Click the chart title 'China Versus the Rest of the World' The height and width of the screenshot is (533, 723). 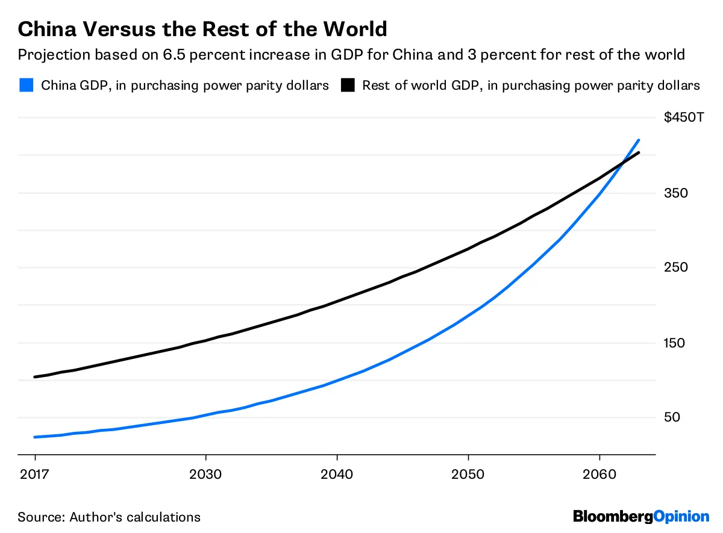pos(202,28)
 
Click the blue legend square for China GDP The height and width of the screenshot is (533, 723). pos(26,85)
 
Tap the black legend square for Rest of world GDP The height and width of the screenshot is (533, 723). pos(348,85)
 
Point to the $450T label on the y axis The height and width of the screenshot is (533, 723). pos(684,117)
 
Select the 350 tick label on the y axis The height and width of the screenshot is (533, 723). pos(675,193)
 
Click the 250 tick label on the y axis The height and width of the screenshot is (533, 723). pos(675,267)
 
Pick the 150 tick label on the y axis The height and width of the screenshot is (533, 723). pos(675,343)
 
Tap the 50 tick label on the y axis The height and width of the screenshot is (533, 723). pos(672,417)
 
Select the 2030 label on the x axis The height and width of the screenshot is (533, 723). pos(206,474)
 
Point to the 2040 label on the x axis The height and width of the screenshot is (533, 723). pos(337,474)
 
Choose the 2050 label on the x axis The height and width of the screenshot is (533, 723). pos(468,474)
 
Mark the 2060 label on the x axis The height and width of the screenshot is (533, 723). pos(599,474)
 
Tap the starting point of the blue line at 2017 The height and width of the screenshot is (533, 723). pos(36,437)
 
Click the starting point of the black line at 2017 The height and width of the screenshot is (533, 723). pos(36,377)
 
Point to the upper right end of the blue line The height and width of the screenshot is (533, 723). pos(638,140)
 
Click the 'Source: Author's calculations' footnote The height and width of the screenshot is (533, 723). pos(109,517)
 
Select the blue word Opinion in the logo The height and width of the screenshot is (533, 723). pos(681,516)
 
